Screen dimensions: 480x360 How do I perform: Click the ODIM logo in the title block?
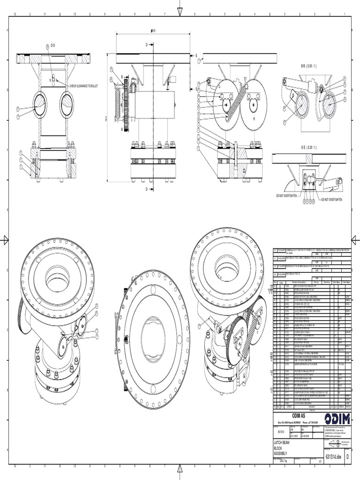337,418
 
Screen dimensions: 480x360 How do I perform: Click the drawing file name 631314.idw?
333,457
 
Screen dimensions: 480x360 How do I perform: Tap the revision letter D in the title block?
347,457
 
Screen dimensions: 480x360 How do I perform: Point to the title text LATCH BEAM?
284,442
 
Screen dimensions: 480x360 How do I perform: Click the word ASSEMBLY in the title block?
284,454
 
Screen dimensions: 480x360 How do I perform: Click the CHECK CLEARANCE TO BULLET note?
84,86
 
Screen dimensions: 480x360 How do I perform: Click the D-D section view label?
53,45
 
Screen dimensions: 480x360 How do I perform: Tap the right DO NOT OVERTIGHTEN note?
331,199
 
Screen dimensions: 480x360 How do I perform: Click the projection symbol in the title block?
334,443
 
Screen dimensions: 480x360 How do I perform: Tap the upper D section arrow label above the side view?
146,45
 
